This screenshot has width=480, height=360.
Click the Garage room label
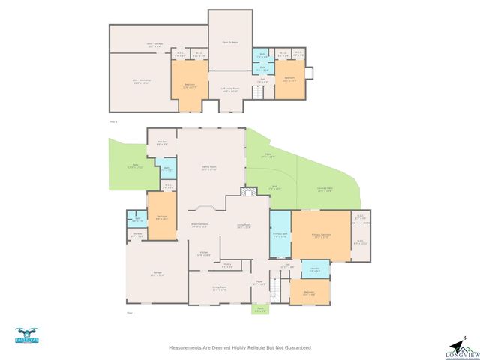click(157, 275)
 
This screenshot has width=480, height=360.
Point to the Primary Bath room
click(280, 235)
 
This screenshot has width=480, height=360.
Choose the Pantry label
click(227, 265)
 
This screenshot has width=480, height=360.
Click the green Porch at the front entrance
click(259, 310)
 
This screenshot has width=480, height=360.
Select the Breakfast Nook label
click(199, 226)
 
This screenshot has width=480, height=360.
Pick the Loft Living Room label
click(229, 90)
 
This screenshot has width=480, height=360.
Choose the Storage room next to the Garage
click(137, 234)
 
